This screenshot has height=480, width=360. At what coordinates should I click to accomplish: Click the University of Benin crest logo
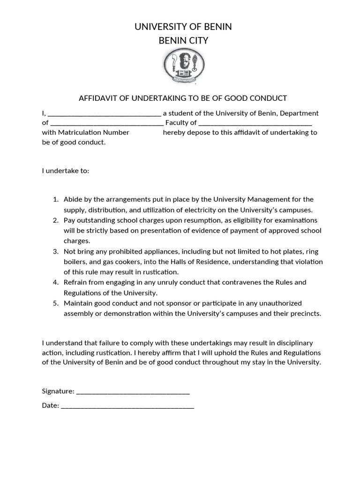pyautogui.click(x=183, y=67)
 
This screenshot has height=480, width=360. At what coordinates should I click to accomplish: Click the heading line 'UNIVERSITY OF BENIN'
pyautogui.click(x=183, y=27)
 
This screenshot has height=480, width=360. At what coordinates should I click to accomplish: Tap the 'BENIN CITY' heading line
pyautogui.click(x=183, y=41)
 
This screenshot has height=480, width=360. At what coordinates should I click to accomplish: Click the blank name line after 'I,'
pyautogui.click(x=105, y=113)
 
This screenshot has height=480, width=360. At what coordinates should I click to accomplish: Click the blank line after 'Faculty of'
pyautogui.click(x=255, y=123)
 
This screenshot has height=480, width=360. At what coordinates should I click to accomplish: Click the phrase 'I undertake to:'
pyautogui.click(x=65, y=171)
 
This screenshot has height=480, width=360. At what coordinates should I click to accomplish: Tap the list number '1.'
pyautogui.click(x=55, y=200)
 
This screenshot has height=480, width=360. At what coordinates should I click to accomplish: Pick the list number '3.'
pyautogui.click(x=55, y=251)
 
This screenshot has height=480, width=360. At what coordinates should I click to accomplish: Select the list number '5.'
pyautogui.click(x=55, y=303)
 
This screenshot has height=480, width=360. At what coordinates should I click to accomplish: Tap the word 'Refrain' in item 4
pyautogui.click(x=76, y=282)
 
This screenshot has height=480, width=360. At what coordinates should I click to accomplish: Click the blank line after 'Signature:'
pyautogui.click(x=133, y=391)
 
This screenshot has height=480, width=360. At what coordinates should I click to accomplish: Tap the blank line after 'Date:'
pyautogui.click(x=127, y=406)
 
